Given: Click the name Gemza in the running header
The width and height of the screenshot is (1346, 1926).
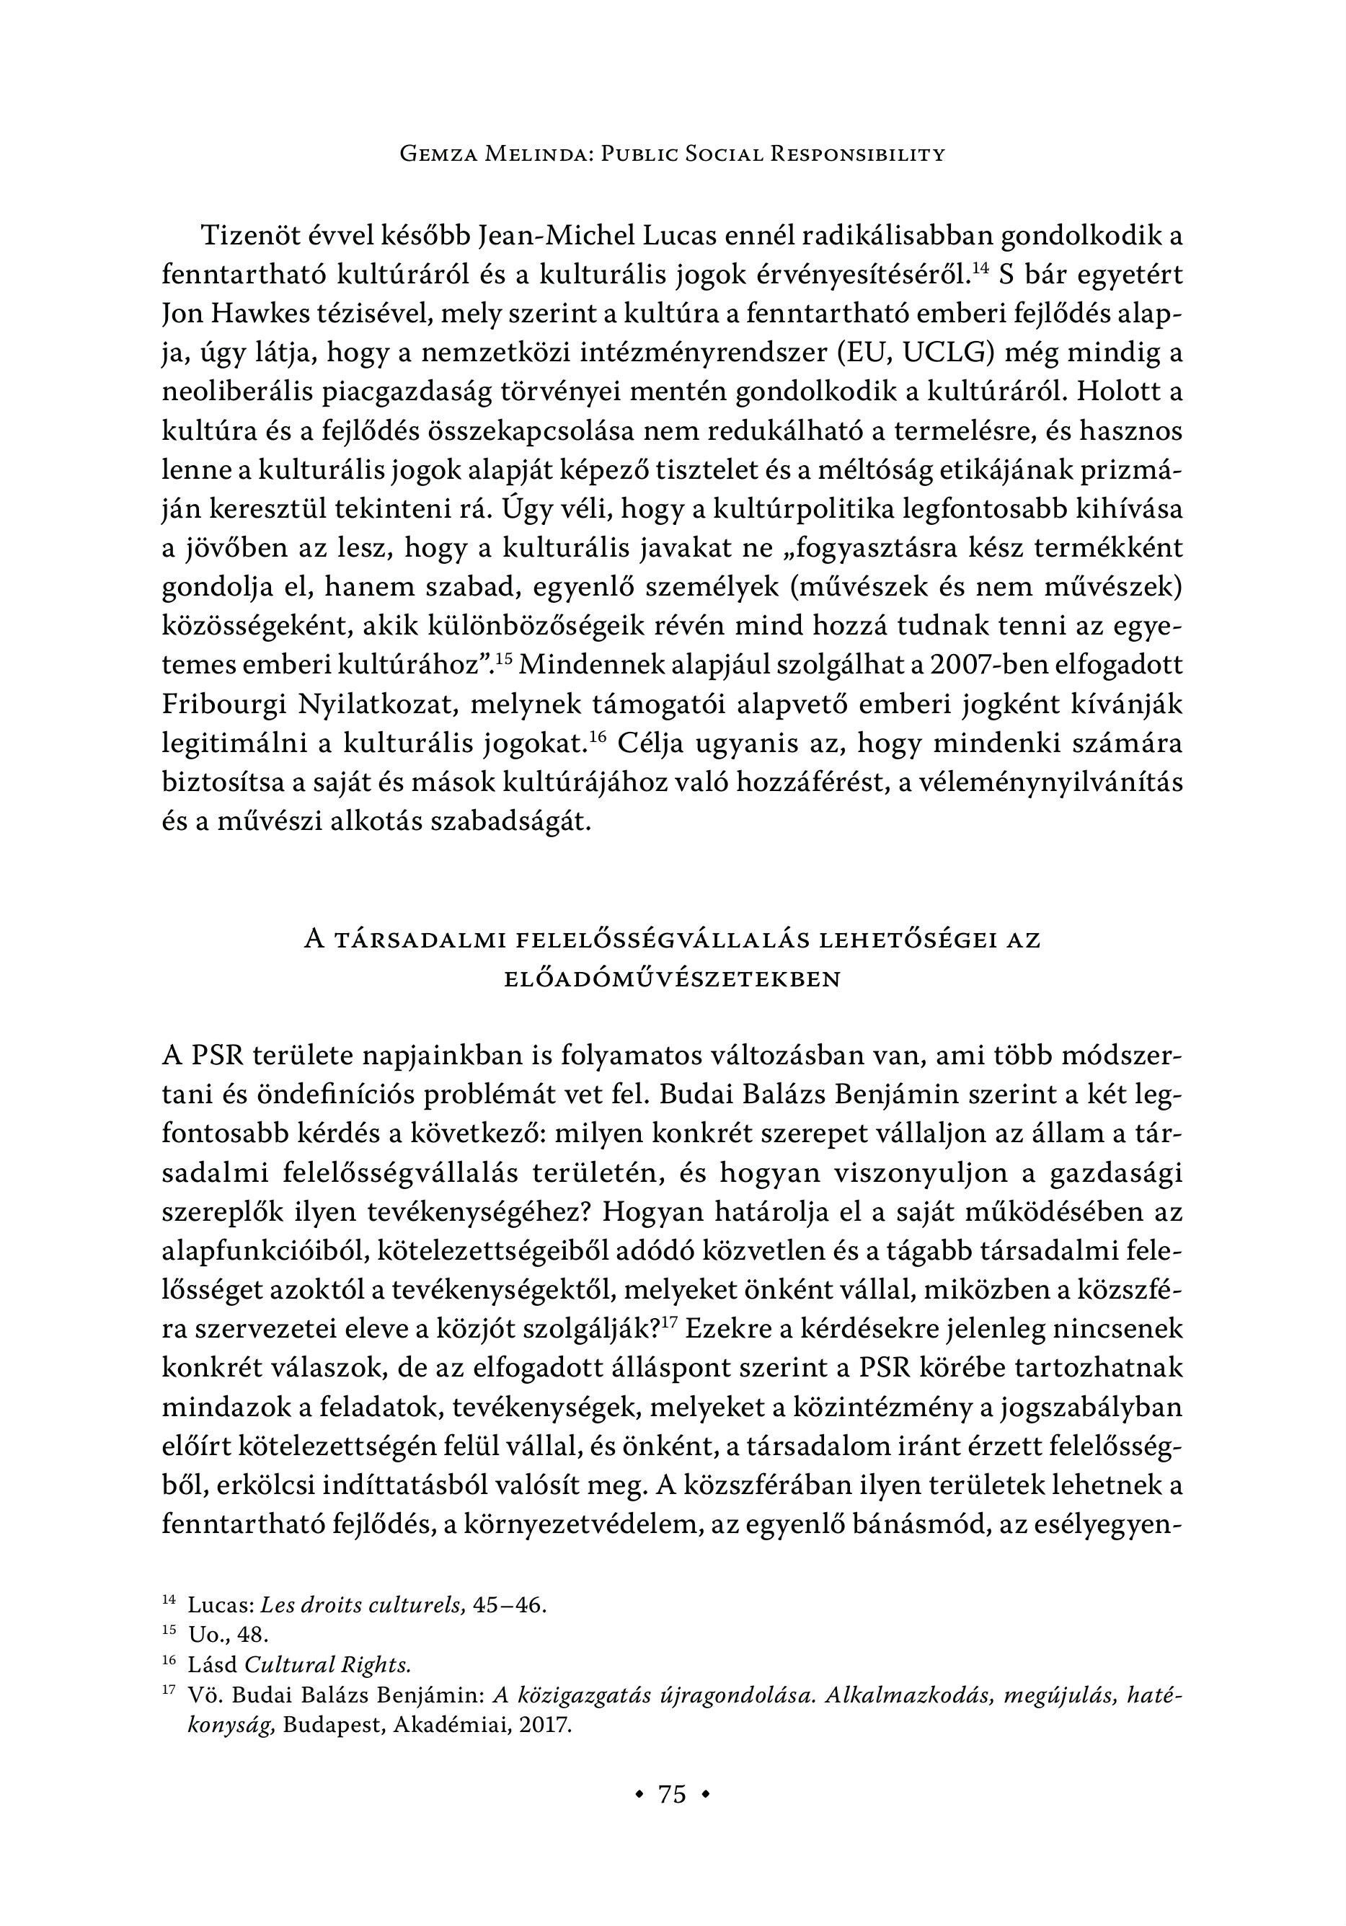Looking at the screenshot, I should click(440, 154).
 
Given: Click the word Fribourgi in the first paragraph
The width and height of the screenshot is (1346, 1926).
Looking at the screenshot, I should click(223, 703).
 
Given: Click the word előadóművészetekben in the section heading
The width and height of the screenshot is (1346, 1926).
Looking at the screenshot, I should click(672, 980).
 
